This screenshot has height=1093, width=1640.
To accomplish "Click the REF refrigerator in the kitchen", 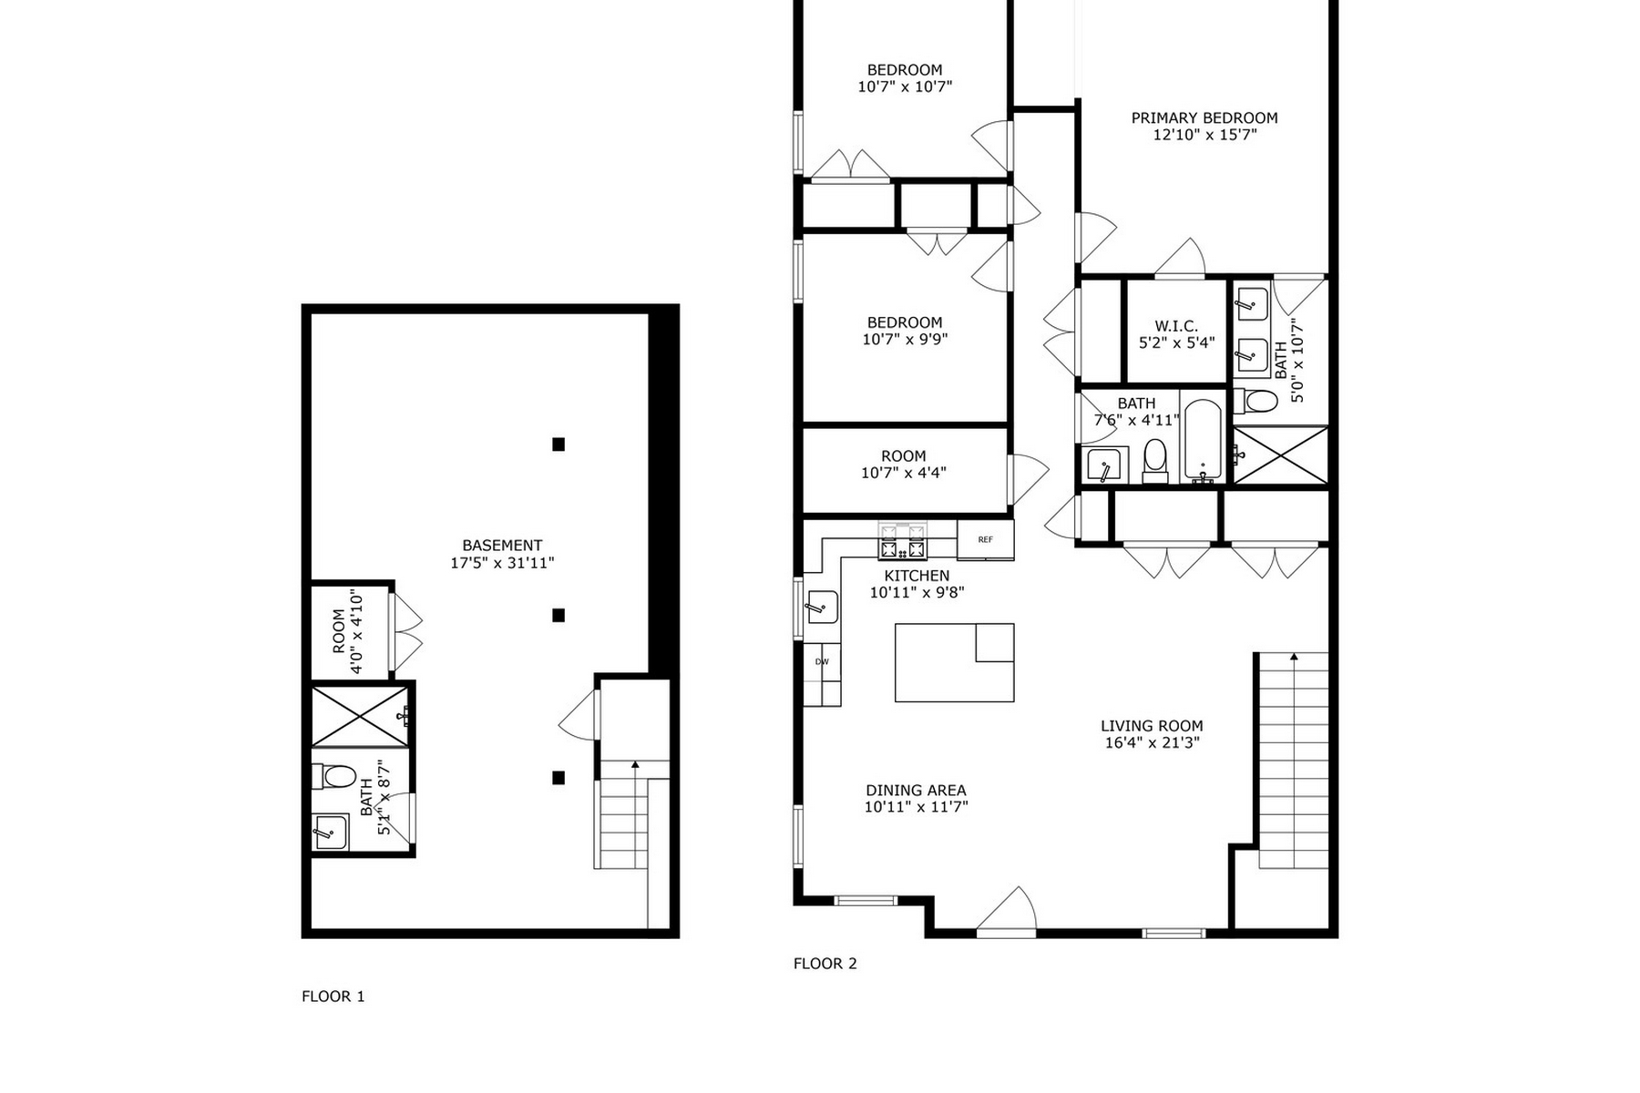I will [x=985, y=539].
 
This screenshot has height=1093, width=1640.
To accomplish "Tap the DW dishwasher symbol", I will [x=822, y=662].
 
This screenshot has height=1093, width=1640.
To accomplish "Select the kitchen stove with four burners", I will [x=902, y=540].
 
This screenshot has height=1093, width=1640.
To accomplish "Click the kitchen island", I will [x=954, y=662].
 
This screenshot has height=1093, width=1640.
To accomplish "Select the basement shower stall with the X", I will [x=360, y=718].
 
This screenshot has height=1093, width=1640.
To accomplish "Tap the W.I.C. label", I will [x=1176, y=326].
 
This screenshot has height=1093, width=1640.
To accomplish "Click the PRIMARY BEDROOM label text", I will [x=1204, y=117].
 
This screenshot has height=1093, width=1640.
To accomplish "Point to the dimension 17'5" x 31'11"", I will [x=502, y=563].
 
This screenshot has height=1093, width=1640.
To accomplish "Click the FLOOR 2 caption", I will [x=825, y=964].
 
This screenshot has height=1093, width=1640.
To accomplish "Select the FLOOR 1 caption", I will [x=333, y=996].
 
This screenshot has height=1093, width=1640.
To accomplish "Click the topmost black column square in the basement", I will [x=559, y=444].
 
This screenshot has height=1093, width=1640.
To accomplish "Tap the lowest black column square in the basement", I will [x=559, y=778].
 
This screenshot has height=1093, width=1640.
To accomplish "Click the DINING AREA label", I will [x=916, y=791].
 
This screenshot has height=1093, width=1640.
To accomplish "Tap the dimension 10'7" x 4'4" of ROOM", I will [x=904, y=473].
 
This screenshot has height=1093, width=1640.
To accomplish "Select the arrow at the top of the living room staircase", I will [x=1292, y=656].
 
